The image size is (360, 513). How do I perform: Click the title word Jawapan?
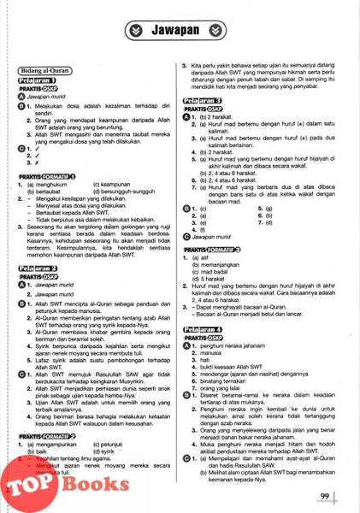pos(180,31)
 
